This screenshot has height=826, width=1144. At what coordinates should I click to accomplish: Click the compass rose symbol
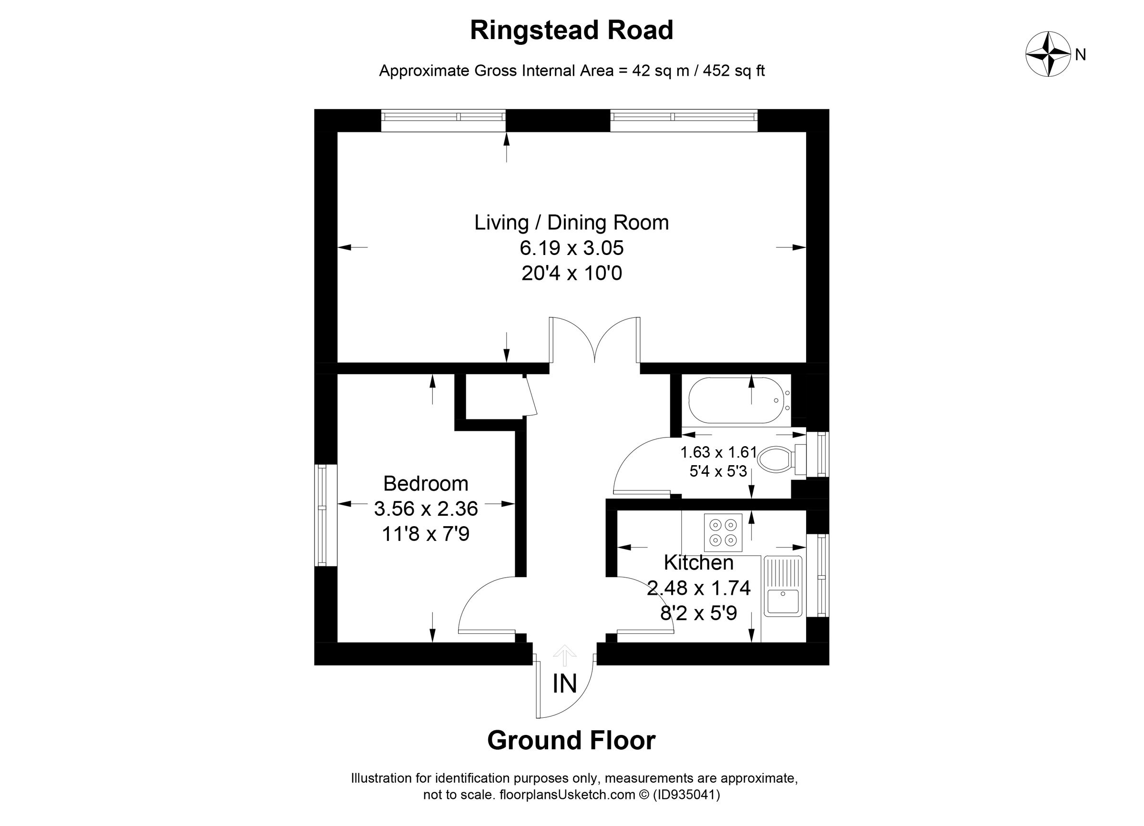1048,54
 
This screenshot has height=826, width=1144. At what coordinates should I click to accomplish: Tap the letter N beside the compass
1080,55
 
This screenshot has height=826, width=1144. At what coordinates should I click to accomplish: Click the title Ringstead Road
572,30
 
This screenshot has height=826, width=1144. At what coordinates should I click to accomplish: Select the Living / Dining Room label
572,223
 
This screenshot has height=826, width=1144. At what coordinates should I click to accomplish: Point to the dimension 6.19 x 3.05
572,248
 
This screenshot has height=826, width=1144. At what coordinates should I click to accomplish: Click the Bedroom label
426,484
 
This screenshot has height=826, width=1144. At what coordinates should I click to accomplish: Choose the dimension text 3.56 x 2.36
426,508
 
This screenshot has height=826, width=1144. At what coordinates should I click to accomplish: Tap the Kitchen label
698,562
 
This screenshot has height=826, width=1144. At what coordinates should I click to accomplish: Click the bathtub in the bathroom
736,400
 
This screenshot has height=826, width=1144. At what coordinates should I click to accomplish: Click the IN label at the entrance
564,684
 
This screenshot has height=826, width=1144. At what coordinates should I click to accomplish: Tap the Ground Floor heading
572,741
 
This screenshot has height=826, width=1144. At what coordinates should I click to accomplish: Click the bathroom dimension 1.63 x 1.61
718,452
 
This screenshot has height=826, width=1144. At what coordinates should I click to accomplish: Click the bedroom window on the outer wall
326,515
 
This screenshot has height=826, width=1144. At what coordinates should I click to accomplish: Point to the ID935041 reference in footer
686,795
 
